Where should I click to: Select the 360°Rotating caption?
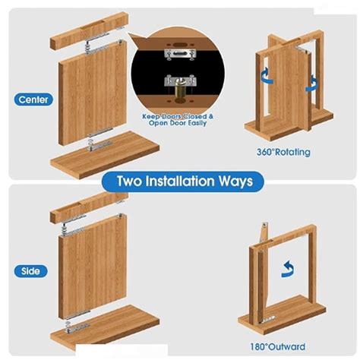(x=283, y=152)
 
